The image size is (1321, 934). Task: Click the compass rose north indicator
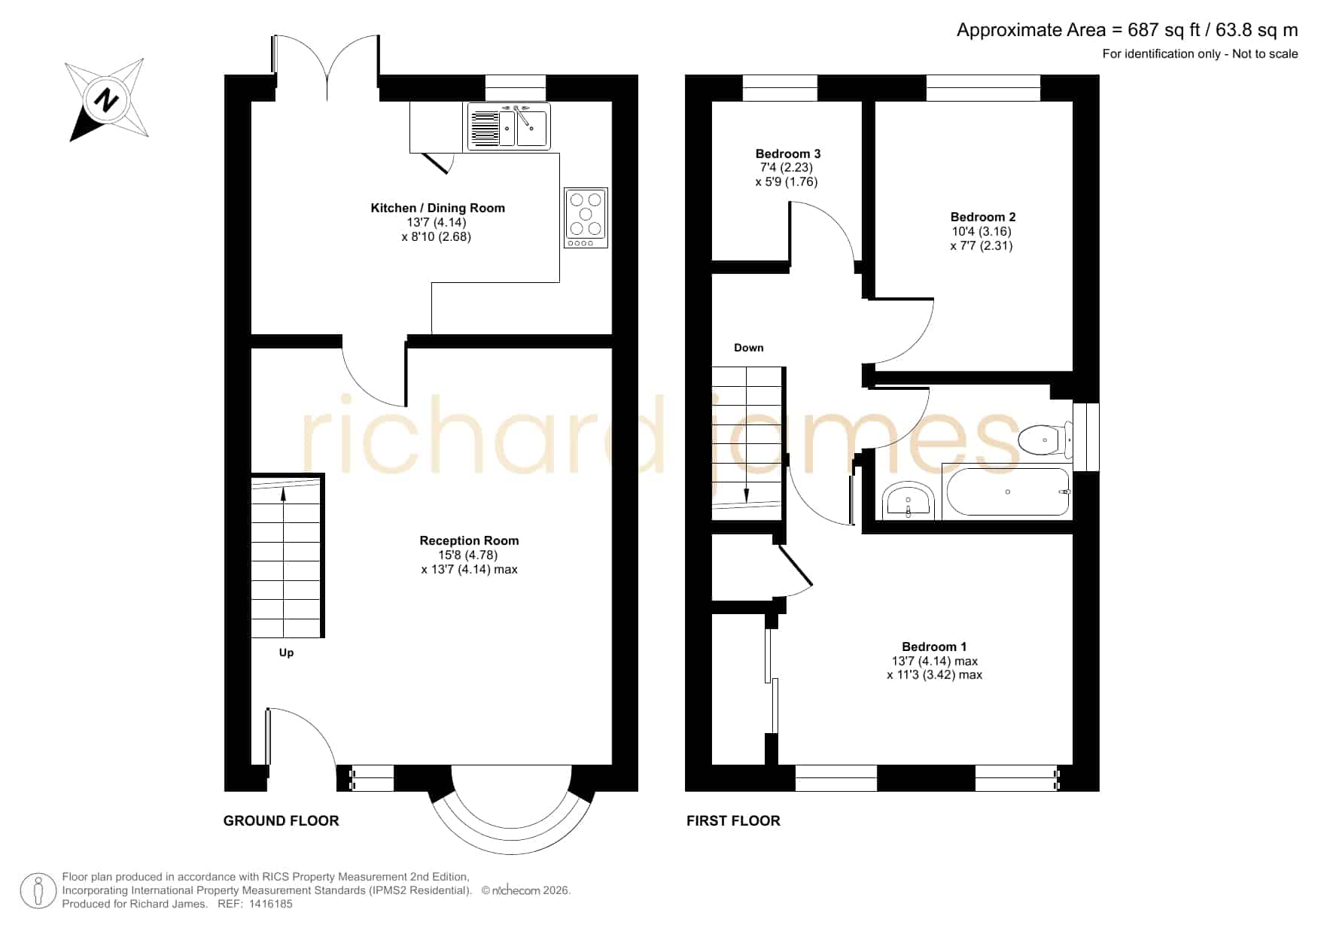(106, 99)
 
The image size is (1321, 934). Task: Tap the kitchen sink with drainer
(509, 126)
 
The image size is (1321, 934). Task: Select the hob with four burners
(586, 218)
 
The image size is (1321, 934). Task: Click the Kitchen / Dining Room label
(437, 208)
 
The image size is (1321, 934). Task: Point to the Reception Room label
(469, 540)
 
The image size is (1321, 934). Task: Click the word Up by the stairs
(286, 653)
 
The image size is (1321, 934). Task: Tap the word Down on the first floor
(749, 348)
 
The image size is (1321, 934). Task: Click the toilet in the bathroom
(1045, 439)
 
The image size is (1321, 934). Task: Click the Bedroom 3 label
(788, 154)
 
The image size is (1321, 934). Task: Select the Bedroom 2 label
(982, 217)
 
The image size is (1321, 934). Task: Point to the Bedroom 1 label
(934, 646)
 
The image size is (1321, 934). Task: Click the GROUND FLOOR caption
(282, 821)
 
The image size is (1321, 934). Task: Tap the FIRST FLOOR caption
(733, 821)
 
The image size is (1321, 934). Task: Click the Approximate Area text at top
(1127, 30)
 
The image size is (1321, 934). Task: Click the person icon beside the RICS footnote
(38, 891)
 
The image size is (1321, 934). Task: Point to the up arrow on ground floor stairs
(284, 494)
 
